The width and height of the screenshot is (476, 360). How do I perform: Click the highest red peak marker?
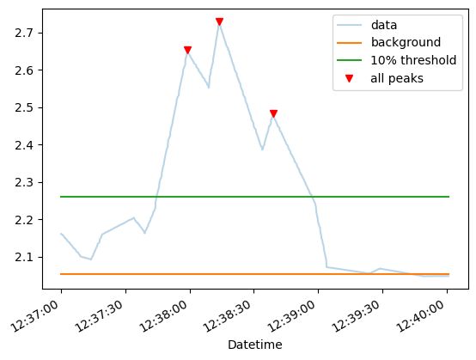219,22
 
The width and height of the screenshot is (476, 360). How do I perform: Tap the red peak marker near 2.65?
187,51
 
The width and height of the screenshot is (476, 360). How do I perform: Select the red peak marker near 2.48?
273,113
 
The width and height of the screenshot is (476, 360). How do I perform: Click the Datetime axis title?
253,345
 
